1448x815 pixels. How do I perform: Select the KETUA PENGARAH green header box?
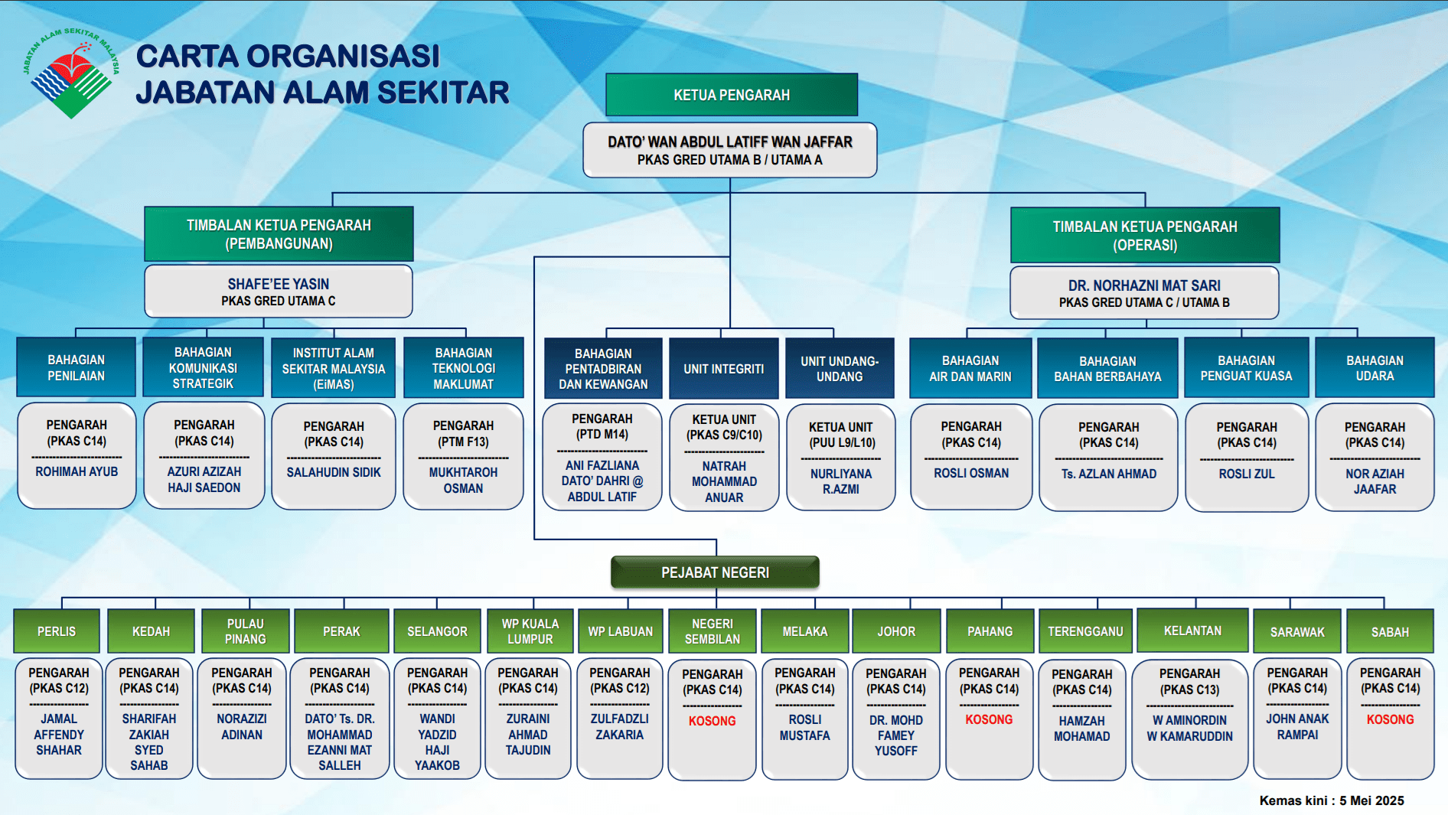(732, 95)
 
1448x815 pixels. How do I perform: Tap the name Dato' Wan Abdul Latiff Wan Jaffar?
(730, 142)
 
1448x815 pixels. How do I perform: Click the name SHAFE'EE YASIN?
(279, 284)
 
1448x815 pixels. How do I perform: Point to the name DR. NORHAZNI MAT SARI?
(1145, 285)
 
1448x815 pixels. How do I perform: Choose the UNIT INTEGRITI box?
(724, 369)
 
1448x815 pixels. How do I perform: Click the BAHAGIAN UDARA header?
(1375, 368)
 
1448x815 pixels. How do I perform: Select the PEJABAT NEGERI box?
(715, 572)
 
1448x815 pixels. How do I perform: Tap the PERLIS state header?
(57, 631)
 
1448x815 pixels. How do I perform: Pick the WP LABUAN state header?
(620, 631)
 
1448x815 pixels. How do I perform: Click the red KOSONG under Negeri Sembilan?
(712, 721)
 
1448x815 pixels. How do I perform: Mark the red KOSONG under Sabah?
(1390, 719)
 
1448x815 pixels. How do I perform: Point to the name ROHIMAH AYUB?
(77, 471)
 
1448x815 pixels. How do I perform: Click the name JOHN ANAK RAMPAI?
(1297, 727)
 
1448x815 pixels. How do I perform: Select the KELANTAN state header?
(1192, 631)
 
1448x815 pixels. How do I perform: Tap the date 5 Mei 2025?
(1371, 800)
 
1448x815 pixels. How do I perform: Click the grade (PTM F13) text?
(463, 442)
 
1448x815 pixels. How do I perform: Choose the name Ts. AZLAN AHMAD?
(1108, 474)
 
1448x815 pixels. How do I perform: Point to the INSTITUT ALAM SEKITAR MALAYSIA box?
(334, 368)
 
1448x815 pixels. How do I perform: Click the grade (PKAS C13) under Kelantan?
(1189, 689)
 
